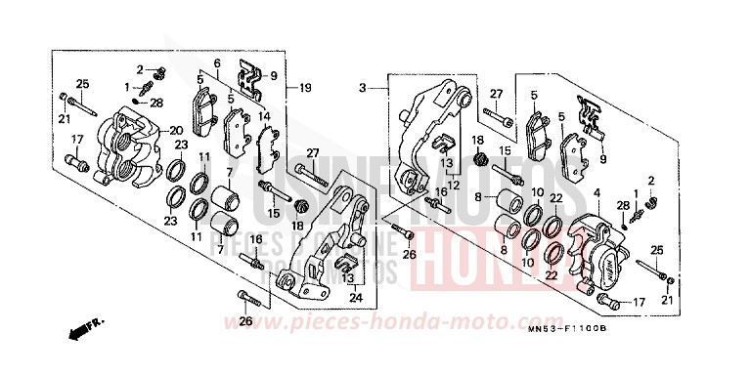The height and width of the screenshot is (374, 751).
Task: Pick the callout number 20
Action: [177, 131]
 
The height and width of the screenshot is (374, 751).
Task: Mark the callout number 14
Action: [264, 115]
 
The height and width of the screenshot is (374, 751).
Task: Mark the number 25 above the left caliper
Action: [83, 83]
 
